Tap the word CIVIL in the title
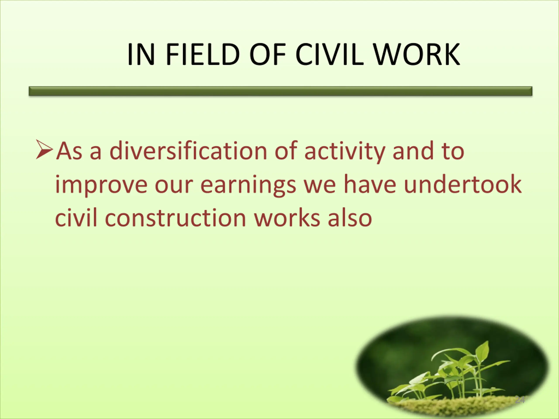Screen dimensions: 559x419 pyautogui.click(x=330, y=54)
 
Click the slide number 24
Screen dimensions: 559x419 pyautogui.click(x=520, y=400)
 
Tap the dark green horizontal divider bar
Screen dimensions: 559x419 pyautogui.click(x=281, y=91)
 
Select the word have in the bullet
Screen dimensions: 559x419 pyautogui.click(x=370, y=184)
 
